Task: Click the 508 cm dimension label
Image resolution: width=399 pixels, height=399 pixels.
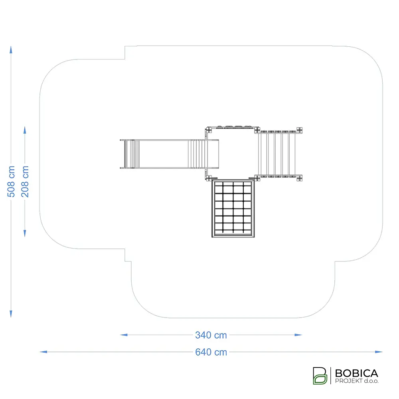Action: point(11,182)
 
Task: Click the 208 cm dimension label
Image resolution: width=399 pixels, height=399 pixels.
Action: point(25,182)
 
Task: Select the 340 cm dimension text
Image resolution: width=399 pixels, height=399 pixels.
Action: point(211,335)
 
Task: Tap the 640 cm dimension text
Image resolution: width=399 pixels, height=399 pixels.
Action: point(211,352)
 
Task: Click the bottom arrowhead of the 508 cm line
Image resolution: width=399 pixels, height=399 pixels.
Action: point(11,314)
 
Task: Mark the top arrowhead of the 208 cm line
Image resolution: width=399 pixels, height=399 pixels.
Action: point(25,130)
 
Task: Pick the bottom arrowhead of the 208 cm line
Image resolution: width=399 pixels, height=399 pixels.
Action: point(25,233)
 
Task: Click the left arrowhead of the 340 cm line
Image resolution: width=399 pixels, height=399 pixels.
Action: point(124,335)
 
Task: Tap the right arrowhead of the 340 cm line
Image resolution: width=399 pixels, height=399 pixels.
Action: point(298,335)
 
